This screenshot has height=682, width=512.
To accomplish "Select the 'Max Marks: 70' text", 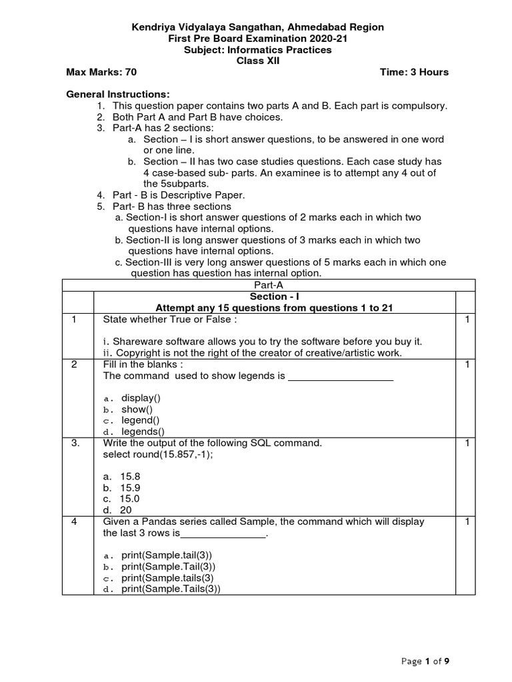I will coord(101,72).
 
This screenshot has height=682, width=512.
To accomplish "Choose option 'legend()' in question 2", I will coord(140,420).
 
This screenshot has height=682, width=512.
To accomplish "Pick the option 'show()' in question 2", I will coord(137,409).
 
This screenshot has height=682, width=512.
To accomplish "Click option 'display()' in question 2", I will coord(141,398).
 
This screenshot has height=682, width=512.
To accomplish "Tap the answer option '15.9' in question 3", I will coord(131,488).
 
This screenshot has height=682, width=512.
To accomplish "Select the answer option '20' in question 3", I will coord(126,510).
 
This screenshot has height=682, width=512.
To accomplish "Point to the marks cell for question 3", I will coord(468,443).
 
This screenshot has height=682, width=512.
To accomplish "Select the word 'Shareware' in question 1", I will coord(134,341).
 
